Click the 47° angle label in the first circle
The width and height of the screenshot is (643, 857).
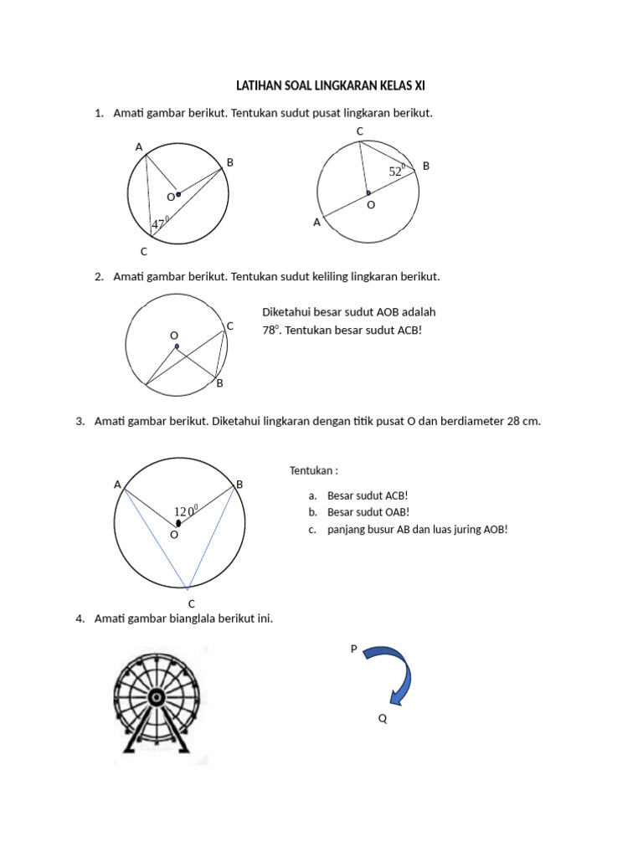(x=159, y=223)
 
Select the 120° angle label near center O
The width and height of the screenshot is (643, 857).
(x=185, y=511)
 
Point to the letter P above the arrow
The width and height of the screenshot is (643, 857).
(x=354, y=649)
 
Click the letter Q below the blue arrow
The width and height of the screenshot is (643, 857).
(x=383, y=718)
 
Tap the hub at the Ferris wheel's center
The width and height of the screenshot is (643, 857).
(x=156, y=696)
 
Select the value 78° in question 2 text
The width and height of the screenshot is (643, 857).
(x=270, y=330)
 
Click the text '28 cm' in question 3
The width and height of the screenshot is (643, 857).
(x=524, y=422)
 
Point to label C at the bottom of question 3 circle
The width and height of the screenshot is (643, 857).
(x=191, y=603)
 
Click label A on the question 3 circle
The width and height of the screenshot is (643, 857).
(x=117, y=484)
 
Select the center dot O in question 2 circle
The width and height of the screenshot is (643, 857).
(x=177, y=346)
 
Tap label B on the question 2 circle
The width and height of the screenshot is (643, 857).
(x=220, y=383)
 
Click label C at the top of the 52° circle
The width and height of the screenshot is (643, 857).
(x=359, y=131)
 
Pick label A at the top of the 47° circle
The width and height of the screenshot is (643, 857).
(x=139, y=147)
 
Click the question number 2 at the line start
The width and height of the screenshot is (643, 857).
(x=99, y=276)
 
